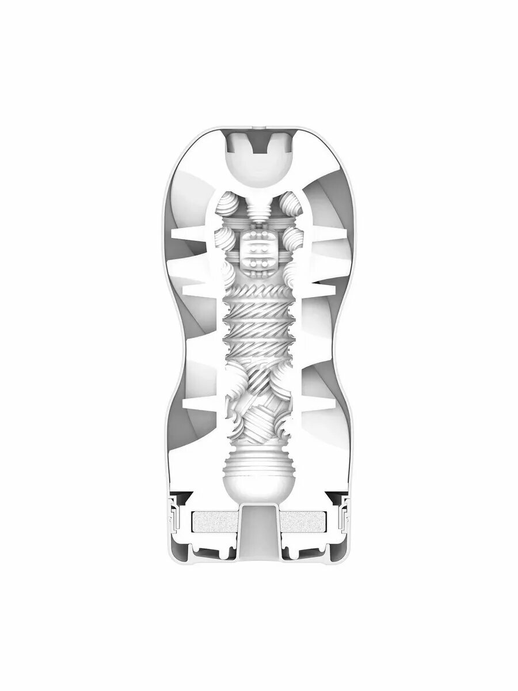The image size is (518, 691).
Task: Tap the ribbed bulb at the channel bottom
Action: (x=258, y=472)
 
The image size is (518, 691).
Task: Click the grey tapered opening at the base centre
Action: (x=258, y=530)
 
